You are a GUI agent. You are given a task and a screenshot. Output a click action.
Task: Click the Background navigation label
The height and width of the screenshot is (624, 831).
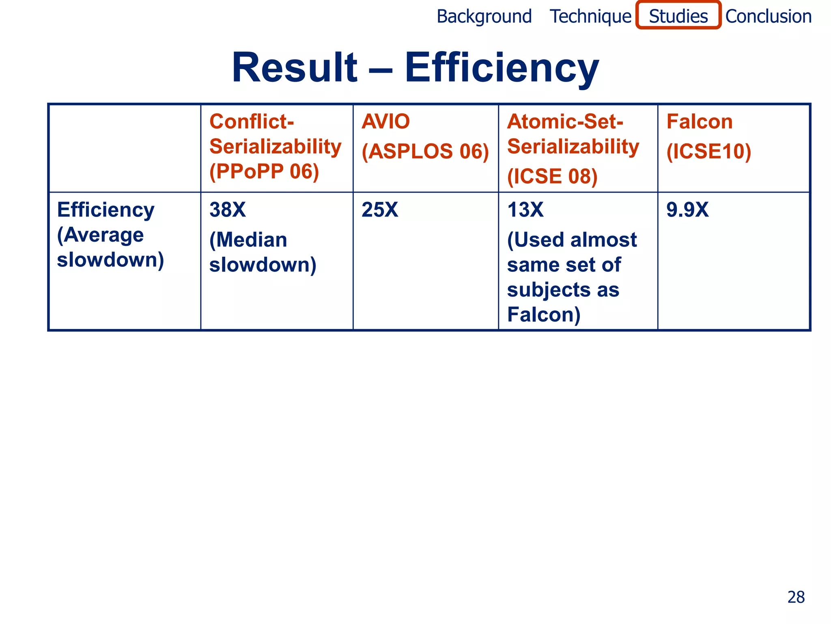[484, 17]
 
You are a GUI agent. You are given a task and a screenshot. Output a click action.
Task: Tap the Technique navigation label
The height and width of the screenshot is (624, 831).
[590, 17]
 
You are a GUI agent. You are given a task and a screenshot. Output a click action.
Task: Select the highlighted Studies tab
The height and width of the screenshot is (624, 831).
[678, 16]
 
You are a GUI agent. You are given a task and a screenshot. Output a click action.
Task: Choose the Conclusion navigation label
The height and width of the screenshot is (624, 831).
[768, 17]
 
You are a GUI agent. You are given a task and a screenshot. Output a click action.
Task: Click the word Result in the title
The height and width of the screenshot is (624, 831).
[294, 67]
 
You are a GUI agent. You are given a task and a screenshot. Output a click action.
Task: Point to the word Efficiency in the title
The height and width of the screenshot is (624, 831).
[502, 68]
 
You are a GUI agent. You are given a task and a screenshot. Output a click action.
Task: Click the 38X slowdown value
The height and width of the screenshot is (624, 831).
[228, 210]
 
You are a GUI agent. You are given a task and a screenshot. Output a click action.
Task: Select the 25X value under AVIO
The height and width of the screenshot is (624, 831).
[380, 210]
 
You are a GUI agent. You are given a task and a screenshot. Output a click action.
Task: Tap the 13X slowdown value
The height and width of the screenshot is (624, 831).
[525, 210]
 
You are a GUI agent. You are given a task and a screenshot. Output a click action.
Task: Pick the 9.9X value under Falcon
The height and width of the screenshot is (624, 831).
[687, 210]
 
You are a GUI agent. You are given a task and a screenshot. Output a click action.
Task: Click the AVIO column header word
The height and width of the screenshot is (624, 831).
[385, 121]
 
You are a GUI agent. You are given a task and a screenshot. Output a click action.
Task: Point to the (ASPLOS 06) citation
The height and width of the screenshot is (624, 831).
[425, 152]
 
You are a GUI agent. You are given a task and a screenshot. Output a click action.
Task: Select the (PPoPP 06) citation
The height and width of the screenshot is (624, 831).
[264, 171]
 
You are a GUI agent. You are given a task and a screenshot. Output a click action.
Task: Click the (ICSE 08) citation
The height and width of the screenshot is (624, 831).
[552, 176]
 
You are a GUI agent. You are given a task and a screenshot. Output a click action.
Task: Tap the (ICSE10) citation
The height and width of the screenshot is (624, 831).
[709, 152]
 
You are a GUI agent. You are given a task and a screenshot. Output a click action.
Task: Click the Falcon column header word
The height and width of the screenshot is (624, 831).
[700, 121]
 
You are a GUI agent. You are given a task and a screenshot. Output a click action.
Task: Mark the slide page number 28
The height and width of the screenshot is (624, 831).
[796, 597]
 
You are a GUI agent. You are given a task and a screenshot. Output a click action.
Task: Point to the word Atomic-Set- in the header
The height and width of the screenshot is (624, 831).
[565, 121]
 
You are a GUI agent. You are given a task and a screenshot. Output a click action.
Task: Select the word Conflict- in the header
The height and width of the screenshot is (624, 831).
[252, 121]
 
